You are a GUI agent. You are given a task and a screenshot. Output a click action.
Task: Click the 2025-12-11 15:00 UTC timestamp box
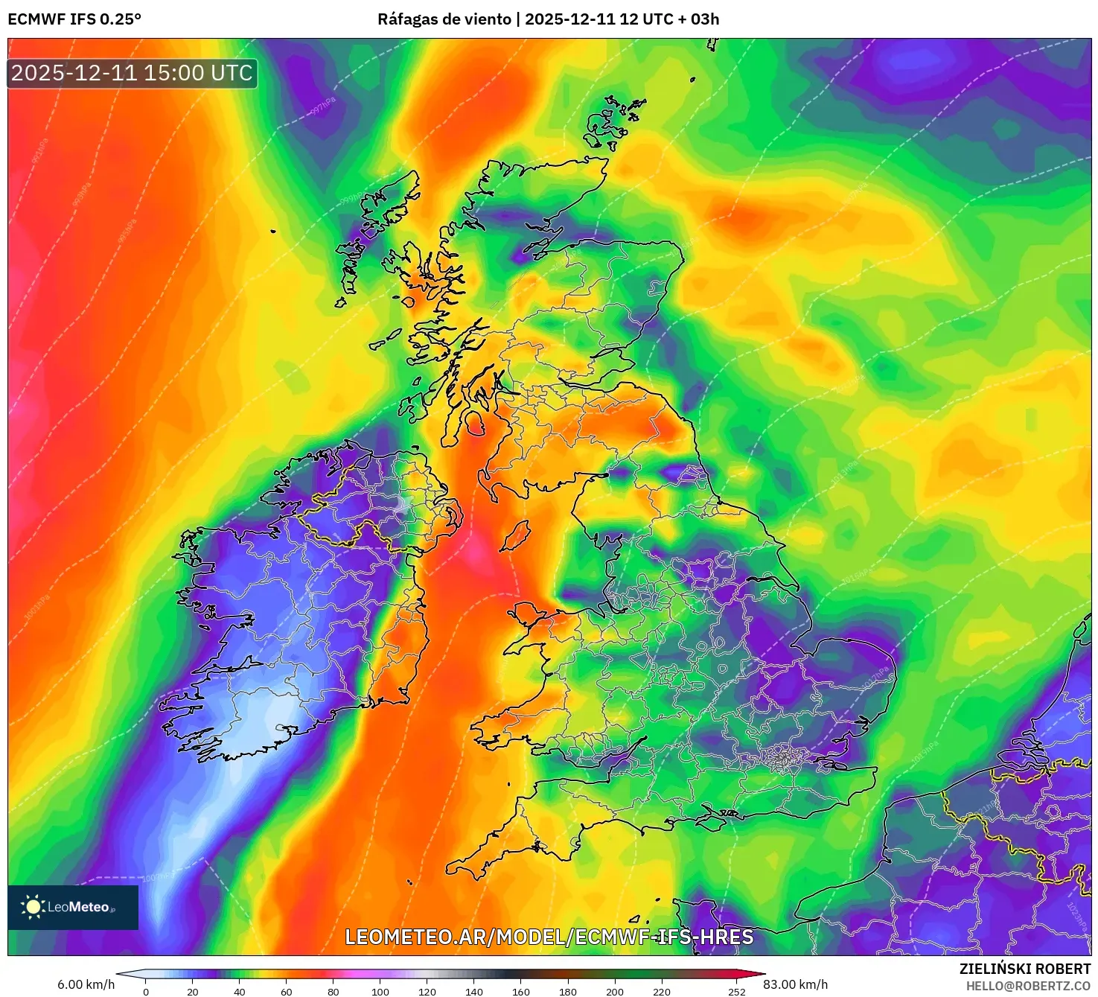coord(132,73)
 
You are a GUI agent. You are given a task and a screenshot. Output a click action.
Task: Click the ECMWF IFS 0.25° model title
coord(74,19)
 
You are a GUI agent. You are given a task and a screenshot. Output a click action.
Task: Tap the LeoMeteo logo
coord(73,907)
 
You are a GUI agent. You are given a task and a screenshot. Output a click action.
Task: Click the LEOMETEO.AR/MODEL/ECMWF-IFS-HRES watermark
coord(549,937)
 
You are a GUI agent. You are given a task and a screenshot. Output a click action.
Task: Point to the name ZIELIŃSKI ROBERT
coord(1024,969)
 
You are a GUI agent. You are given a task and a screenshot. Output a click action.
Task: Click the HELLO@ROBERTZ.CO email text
coord(1028,986)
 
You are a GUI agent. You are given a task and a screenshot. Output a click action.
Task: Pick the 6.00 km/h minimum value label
coord(86,984)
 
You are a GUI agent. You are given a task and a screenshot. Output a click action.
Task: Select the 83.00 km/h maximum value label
coord(795,984)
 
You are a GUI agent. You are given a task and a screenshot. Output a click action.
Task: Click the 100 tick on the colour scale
coord(380,992)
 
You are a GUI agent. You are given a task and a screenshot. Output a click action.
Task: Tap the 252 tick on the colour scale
coord(736,992)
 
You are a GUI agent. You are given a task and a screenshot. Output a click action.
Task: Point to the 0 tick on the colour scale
coord(146,992)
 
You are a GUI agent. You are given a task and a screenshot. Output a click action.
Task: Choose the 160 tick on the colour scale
coord(521,992)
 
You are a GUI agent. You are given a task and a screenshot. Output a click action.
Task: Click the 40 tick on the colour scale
coord(240,992)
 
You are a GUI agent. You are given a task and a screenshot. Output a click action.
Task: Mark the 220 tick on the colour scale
coord(662,992)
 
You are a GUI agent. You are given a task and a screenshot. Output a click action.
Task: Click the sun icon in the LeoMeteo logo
coord(33,907)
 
